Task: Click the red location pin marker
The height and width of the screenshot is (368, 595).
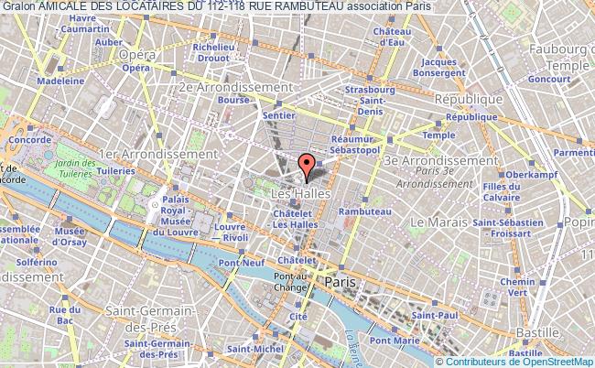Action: [x=308, y=165]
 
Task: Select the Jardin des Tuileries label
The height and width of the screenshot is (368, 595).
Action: [x=76, y=156]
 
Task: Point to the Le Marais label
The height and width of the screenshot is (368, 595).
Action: [x=439, y=222]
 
